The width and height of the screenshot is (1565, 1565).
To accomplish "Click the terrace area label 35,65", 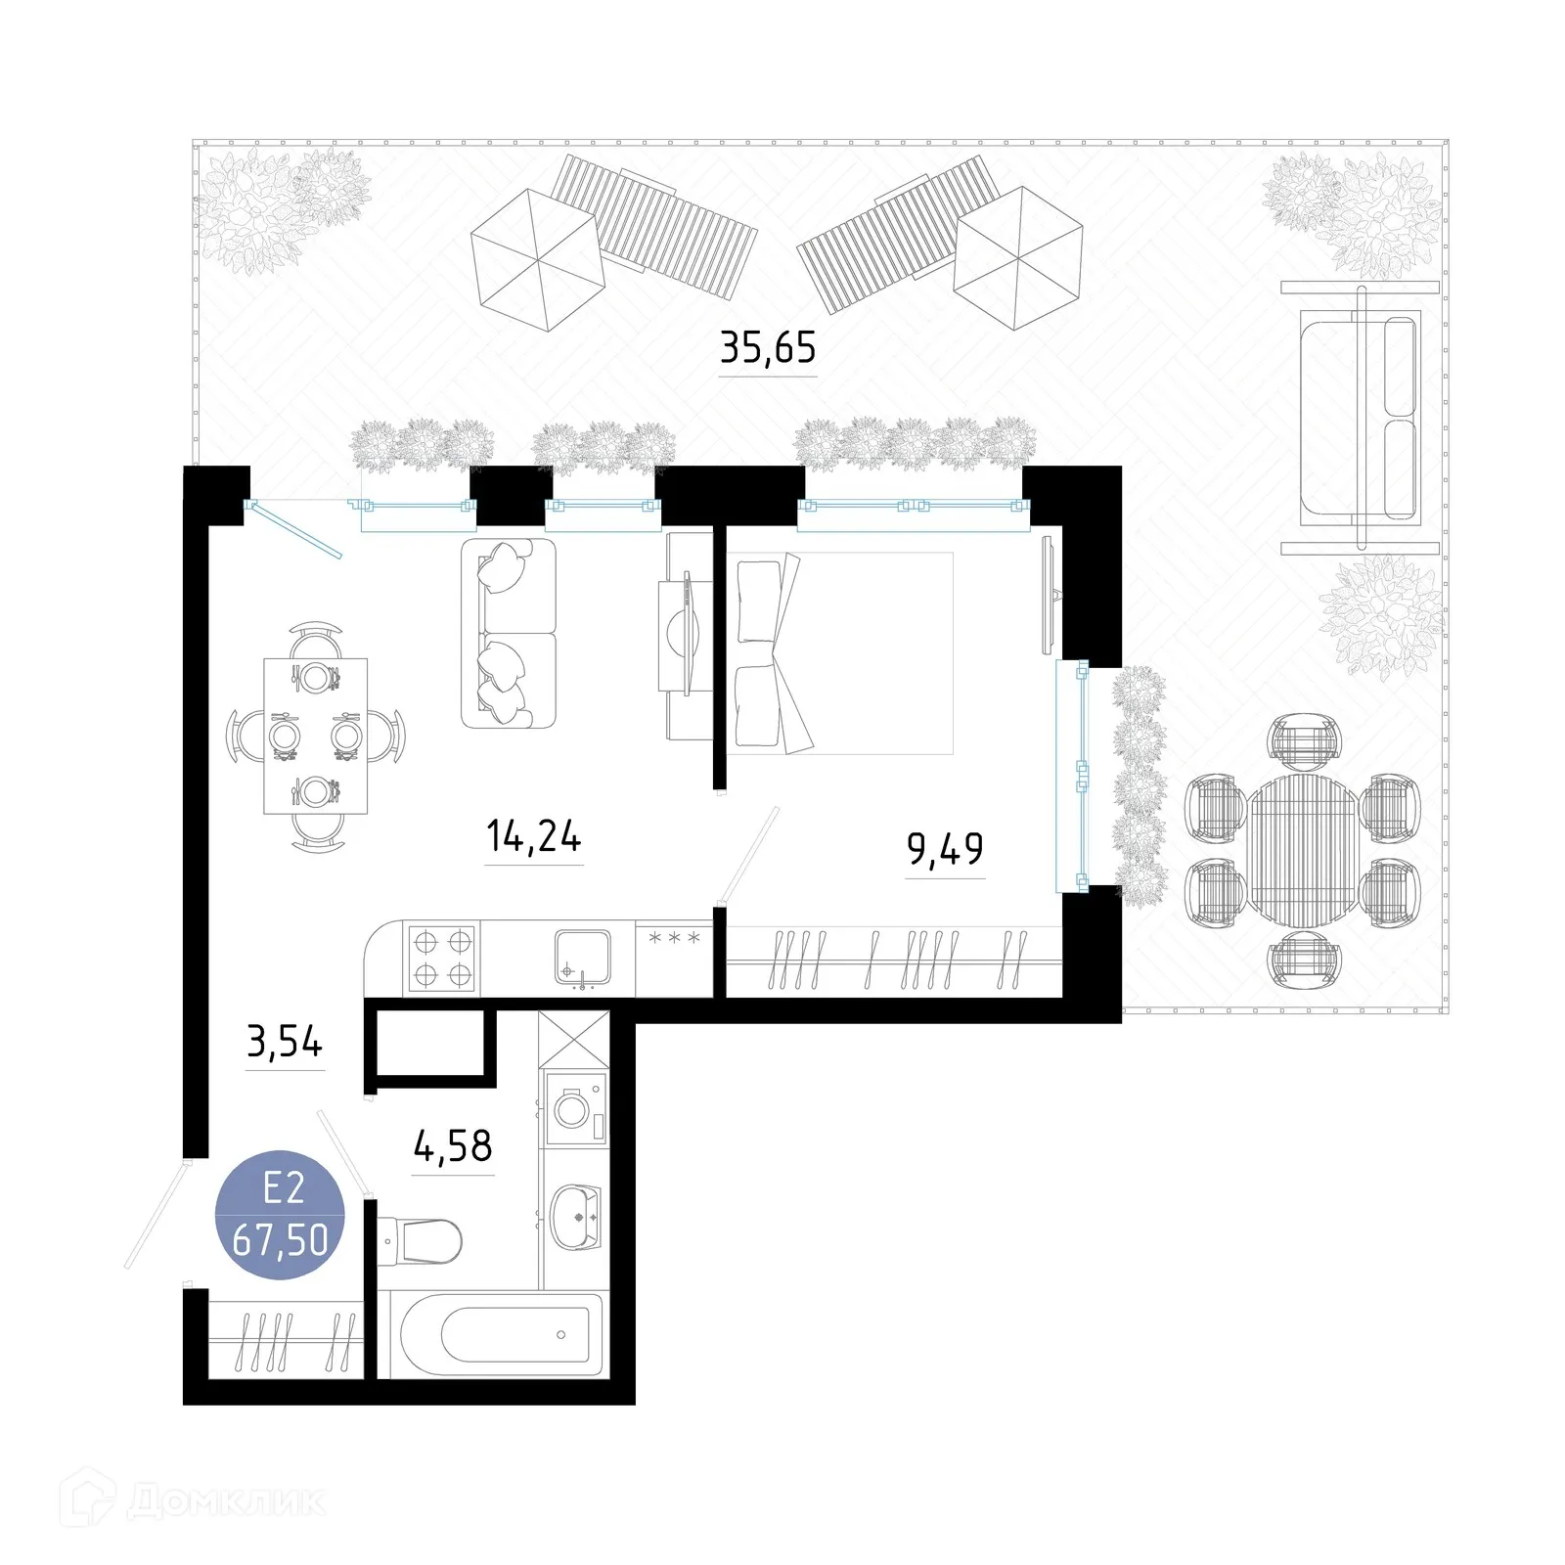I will pos(768,347).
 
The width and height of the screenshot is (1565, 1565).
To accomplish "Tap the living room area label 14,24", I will pos(533,837).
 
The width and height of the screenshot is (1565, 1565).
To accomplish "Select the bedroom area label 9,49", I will pos(945,849).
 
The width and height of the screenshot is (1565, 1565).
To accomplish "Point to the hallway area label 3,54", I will pos(285,1043).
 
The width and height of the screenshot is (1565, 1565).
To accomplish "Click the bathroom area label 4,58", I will pos(453,1145).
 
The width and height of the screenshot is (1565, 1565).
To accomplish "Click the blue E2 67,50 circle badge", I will pos(280,1216).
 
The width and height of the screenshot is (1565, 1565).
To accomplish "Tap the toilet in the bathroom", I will pos(421,1241).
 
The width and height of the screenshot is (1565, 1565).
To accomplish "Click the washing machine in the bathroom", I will pos(574,1109).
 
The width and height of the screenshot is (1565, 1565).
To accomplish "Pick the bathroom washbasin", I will pos(576,1216).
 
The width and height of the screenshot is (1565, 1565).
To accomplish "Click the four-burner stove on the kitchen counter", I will pos(441,959).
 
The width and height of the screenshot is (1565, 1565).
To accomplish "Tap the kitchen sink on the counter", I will pos(583,956).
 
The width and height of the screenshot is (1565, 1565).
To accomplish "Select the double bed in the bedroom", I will pos(839,653).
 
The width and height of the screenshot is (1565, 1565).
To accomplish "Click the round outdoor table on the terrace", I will pos(1302,851).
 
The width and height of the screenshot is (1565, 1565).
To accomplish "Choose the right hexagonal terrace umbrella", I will pos(1017,258).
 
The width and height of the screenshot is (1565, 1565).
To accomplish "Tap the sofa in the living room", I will pos(508,633).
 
